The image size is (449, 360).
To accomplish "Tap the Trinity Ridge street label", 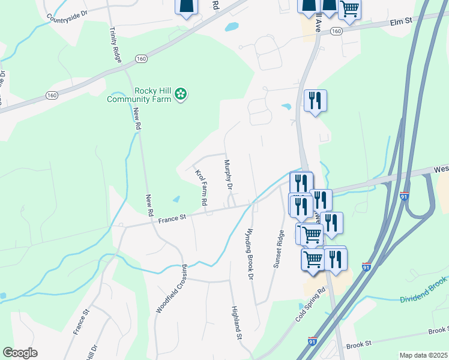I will [116, 44].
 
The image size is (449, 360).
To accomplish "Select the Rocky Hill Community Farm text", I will [139, 95].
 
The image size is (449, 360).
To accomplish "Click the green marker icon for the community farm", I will [181, 94].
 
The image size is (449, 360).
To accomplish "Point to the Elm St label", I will [400, 22].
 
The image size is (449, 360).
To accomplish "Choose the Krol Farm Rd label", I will [200, 188].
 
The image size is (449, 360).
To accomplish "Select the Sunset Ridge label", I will [278, 249].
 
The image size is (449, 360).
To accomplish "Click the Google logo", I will [20, 353].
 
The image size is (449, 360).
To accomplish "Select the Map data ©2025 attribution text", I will [423, 355].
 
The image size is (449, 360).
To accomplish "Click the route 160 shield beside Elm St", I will [336, 31].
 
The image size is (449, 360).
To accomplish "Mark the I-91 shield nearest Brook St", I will [312, 341].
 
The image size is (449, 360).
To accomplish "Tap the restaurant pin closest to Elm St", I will [315, 100].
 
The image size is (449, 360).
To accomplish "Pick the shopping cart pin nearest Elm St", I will [349, 8].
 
